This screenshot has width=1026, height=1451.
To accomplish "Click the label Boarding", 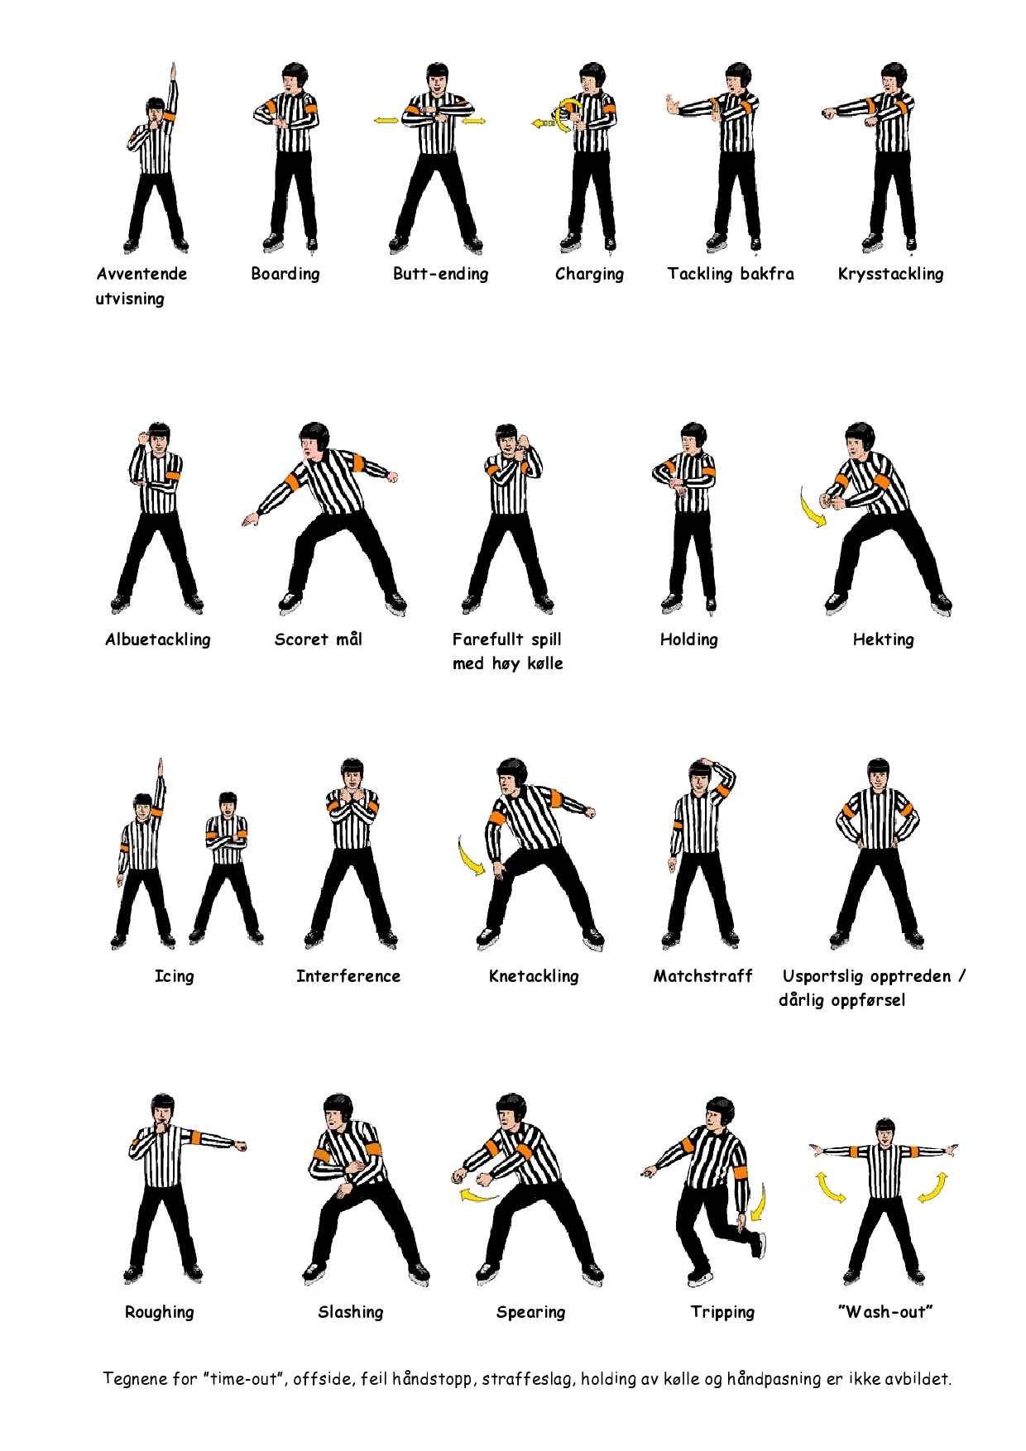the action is [285, 275].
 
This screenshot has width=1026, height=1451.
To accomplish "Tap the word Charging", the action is [589, 275].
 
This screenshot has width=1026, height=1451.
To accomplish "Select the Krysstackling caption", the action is [890, 275].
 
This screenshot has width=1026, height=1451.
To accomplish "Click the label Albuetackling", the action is [158, 639].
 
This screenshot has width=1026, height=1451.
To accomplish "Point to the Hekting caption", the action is [884, 639].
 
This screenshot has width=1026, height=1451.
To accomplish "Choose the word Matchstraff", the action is [703, 976].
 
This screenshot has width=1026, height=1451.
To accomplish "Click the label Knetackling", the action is [534, 976].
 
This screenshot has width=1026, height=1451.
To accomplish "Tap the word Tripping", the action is [722, 1312].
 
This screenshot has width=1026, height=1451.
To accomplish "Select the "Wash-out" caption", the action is [885, 1312].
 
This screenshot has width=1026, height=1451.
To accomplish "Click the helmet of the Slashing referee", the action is [338, 1106].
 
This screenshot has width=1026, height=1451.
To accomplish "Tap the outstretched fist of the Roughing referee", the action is [241, 1147].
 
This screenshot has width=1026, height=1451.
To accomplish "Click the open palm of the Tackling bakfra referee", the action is [673, 106].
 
